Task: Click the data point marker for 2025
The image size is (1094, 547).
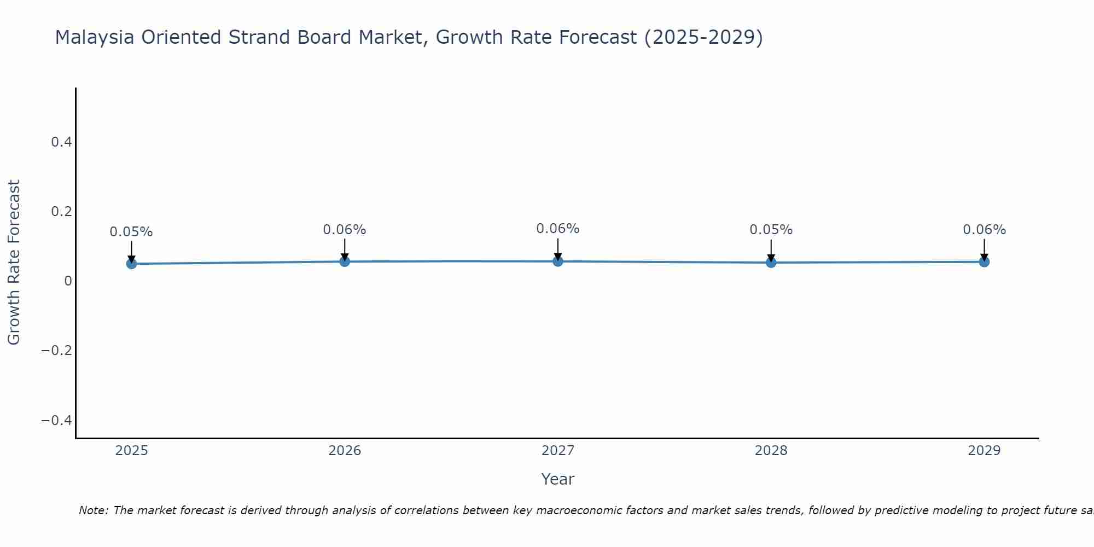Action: [131, 264]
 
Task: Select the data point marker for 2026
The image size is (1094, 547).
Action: [345, 261]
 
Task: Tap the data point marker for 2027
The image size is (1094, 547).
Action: [558, 261]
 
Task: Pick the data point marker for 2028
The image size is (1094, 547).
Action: [771, 263]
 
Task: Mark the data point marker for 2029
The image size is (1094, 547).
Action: [984, 261]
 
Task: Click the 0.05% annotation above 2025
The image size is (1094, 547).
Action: [131, 232]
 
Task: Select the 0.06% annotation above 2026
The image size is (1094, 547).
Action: [345, 230]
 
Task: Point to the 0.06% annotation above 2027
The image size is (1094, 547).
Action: [558, 229]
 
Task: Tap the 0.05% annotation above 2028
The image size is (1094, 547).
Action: [771, 230]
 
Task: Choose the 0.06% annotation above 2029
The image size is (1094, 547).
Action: [984, 230]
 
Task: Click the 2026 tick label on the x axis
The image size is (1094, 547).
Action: [345, 451]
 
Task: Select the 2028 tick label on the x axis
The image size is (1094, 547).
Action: [771, 451]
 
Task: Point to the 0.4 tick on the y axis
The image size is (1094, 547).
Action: [61, 142]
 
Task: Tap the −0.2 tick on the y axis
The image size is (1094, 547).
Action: [57, 350]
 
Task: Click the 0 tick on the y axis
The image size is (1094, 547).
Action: [68, 281]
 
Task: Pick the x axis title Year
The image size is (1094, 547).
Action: [557, 479]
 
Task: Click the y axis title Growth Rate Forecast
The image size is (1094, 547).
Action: [14, 263]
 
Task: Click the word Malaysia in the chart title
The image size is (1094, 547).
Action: [95, 37]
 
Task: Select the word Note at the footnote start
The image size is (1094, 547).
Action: [93, 510]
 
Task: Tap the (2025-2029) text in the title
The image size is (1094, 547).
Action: [703, 37]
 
